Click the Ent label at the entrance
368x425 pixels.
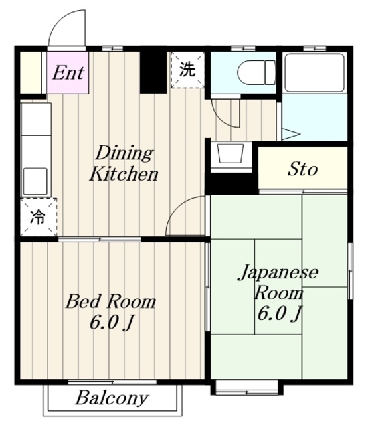[x=68, y=72]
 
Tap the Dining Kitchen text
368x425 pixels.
[x=124, y=164]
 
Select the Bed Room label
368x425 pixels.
[x=110, y=303]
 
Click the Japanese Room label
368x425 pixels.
[x=278, y=282]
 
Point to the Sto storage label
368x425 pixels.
[x=302, y=169]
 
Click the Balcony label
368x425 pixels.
[x=111, y=399]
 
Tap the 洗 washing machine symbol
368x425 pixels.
[x=188, y=70]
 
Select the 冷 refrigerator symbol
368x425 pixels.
[x=38, y=217]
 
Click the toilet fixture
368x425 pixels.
[x=256, y=70]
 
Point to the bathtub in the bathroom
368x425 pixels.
[x=314, y=72]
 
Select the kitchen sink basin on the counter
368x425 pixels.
[x=35, y=180]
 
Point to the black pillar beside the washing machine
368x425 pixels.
[x=152, y=72]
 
